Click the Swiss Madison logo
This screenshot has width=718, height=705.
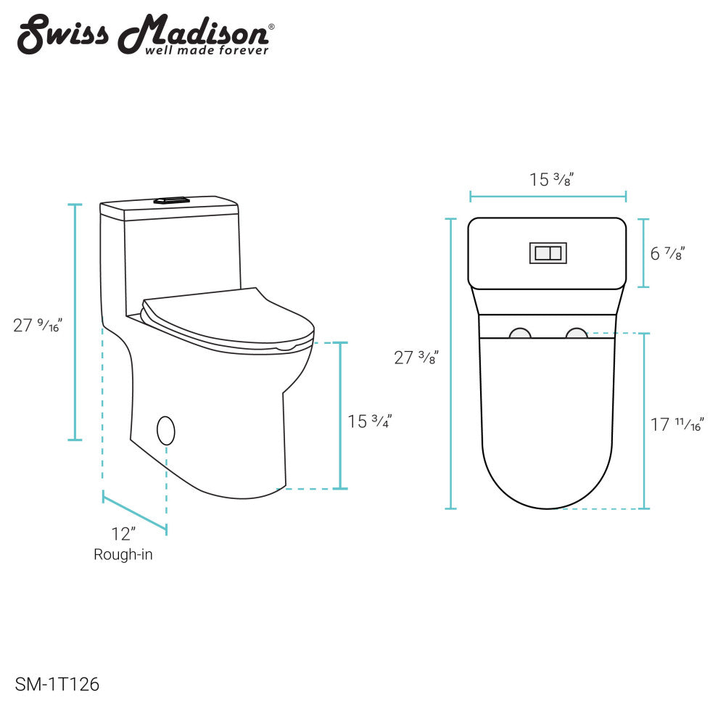point(146,34)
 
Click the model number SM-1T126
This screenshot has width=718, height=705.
point(57,685)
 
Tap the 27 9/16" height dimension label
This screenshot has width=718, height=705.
point(38,325)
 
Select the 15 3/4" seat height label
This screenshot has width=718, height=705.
point(370,421)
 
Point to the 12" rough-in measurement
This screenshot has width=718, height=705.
point(123,534)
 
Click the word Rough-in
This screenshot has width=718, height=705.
point(123,555)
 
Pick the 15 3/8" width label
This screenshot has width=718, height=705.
point(551,179)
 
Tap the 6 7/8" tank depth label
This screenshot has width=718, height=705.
point(667,253)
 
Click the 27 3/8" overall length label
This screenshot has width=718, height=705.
point(416,358)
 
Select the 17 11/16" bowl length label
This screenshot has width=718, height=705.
point(677,424)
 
